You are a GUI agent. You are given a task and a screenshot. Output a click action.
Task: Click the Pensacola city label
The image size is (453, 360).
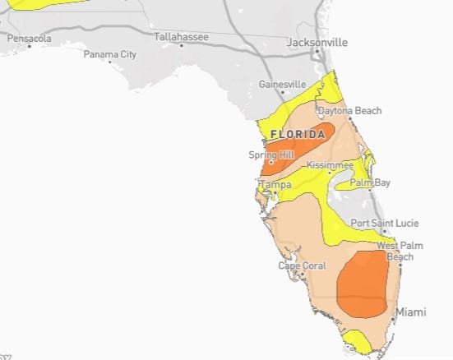[29, 39]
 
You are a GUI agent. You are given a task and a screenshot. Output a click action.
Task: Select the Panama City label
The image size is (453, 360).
[109, 54]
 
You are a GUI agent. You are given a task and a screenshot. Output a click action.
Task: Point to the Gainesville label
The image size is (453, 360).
[282, 85]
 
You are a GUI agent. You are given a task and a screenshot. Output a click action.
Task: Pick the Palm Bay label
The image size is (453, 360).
[370, 182]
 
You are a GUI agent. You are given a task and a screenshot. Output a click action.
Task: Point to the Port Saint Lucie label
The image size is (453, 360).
[384, 223]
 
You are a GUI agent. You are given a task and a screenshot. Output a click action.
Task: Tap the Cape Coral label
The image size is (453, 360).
[302, 265]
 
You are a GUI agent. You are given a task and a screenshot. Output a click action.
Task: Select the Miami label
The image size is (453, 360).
[411, 313]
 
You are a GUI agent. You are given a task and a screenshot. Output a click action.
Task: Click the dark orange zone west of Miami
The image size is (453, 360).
[363, 284]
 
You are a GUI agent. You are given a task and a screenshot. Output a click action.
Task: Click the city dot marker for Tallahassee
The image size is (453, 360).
[181, 45]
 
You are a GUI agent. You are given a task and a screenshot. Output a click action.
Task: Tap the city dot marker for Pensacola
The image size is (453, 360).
[30, 47]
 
